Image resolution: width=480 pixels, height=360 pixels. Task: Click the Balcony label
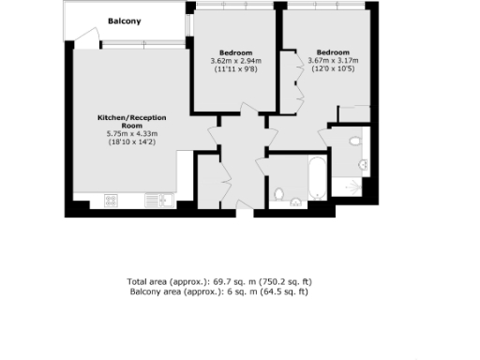point(124,21)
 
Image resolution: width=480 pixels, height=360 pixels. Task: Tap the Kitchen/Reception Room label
point(132,121)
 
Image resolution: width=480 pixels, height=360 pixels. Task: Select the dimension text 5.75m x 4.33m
point(132,134)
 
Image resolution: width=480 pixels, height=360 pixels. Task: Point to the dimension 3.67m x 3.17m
point(333,62)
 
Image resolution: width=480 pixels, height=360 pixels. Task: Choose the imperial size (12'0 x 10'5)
point(333,70)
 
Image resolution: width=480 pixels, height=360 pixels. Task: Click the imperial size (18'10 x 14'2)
point(132,142)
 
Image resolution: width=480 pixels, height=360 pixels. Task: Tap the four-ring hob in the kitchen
point(110,199)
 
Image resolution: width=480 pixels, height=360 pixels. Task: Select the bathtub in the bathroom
point(316,177)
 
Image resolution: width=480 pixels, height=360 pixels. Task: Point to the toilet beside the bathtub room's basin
point(277,195)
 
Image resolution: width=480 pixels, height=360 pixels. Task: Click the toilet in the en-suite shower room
point(353,142)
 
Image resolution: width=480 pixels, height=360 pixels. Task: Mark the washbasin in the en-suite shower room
point(363,164)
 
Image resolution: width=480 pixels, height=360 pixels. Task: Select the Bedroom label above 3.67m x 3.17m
point(333,52)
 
